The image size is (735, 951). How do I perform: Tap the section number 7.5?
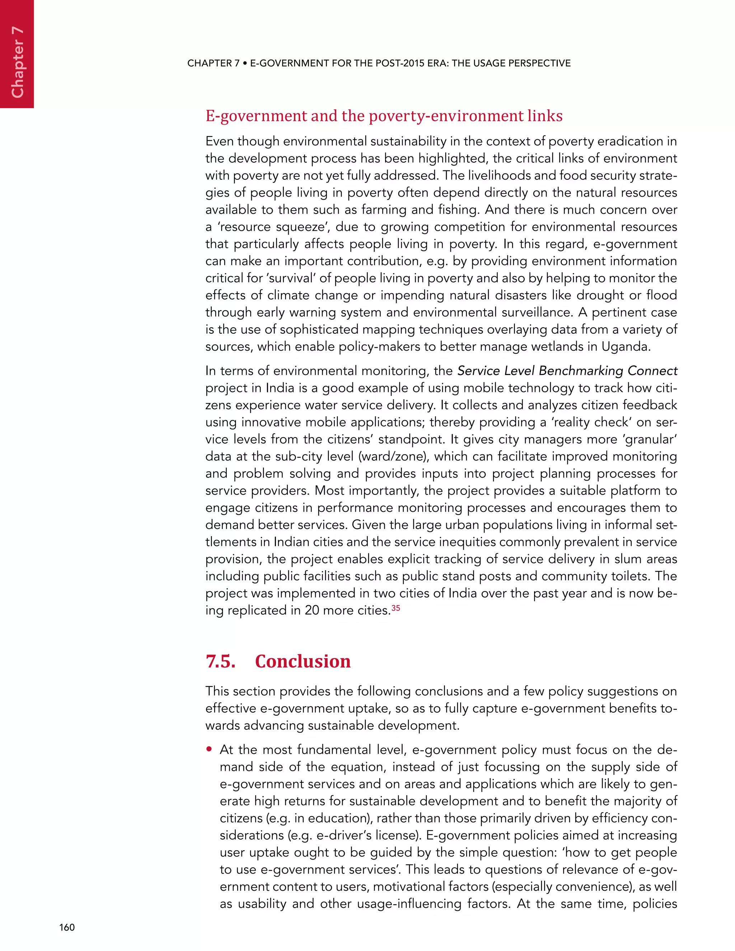pyautogui.click(x=220, y=661)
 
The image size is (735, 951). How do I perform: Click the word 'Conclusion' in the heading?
pyautogui.click(x=303, y=661)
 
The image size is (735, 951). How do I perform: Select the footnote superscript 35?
pyautogui.click(x=395, y=608)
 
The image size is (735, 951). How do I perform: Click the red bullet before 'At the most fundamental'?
pyautogui.click(x=210, y=749)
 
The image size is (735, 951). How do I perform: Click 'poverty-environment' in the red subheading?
pyautogui.click(x=446, y=116)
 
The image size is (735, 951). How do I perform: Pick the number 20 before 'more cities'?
pyautogui.click(x=312, y=610)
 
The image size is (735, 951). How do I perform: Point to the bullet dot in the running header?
pyautogui.click(x=245, y=64)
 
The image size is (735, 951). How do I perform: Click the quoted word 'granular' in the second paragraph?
pyautogui.click(x=651, y=439)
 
